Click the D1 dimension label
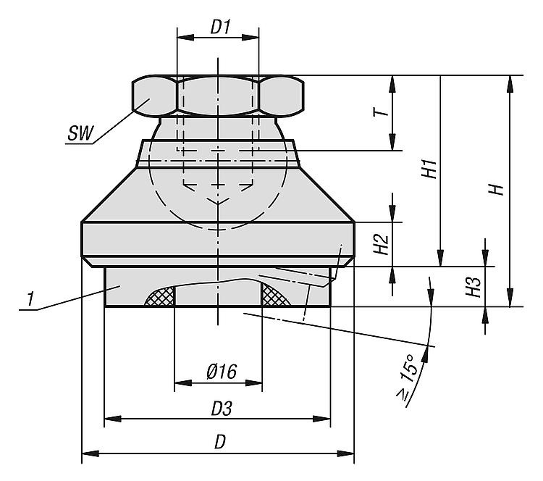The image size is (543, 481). coord(221,27)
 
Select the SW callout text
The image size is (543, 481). coord(80,133)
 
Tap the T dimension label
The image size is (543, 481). coord(381,112)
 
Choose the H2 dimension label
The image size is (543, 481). coord(382,244)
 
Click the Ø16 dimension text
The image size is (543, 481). coord(222,371)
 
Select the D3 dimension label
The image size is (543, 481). coord(222,409)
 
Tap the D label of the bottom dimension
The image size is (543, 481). coord(220,442)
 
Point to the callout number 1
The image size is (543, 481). coord(31,298)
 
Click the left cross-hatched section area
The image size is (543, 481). coord(160,296)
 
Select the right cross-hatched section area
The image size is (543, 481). coord(276,296)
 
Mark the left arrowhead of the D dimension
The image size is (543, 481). coord(90,453)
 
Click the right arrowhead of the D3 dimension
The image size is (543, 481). coord(322,419)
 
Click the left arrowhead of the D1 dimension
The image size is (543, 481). coord(185,38)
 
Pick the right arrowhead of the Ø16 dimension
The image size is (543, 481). coord(253,382)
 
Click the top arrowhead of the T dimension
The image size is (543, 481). coord(392,84)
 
